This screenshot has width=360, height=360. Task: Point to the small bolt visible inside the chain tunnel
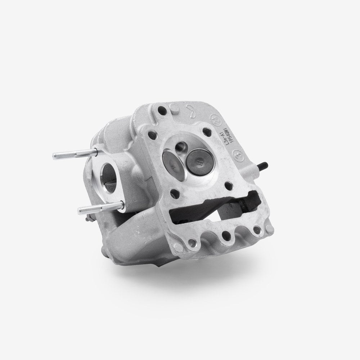(x=244, y=208)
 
